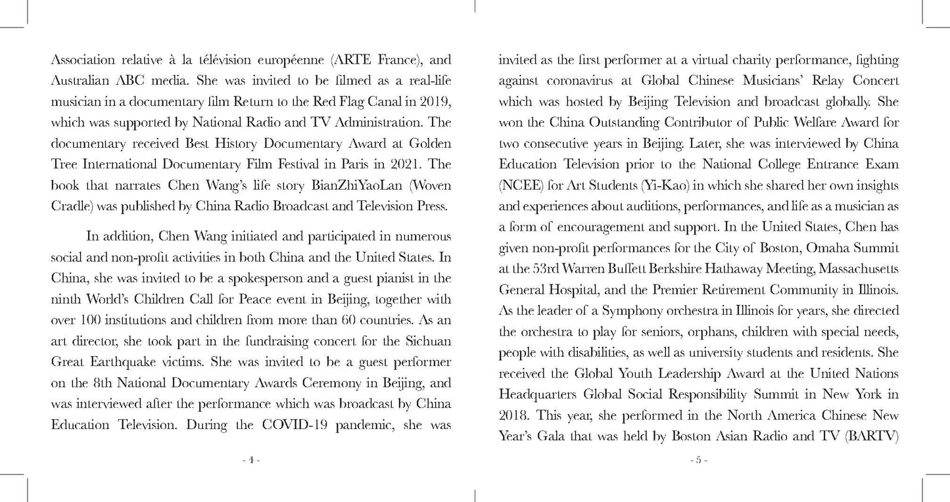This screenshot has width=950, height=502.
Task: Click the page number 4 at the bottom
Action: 251,461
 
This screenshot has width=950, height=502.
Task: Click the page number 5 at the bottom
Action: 698,461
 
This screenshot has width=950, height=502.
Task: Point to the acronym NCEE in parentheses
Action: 519,185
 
